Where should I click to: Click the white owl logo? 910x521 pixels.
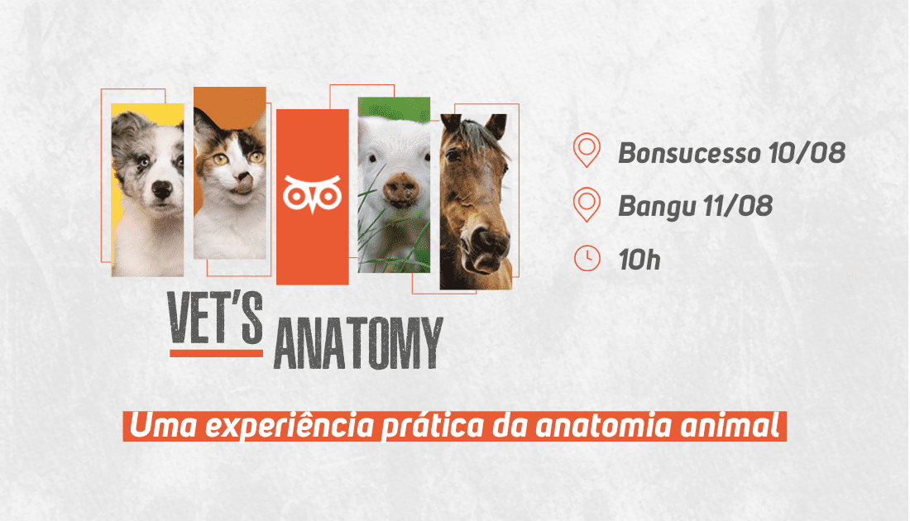pyautogui.click(x=312, y=194)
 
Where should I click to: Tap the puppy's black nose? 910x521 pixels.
pyautogui.click(x=161, y=189)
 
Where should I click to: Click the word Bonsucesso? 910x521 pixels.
pyautogui.click(x=689, y=153)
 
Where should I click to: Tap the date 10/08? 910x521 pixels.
pyautogui.click(x=807, y=153)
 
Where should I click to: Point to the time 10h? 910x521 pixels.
pyautogui.click(x=639, y=260)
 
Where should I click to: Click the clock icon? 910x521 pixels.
pyautogui.click(x=587, y=258)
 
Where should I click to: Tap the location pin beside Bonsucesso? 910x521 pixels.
pyautogui.click(x=587, y=150)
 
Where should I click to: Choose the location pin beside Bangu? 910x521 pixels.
pyautogui.click(x=587, y=204)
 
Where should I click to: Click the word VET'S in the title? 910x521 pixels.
pyautogui.click(x=215, y=318)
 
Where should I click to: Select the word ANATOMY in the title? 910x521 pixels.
pyautogui.click(x=358, y=343)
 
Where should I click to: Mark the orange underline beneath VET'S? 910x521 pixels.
pyautogui.click(x=216, y=353)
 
